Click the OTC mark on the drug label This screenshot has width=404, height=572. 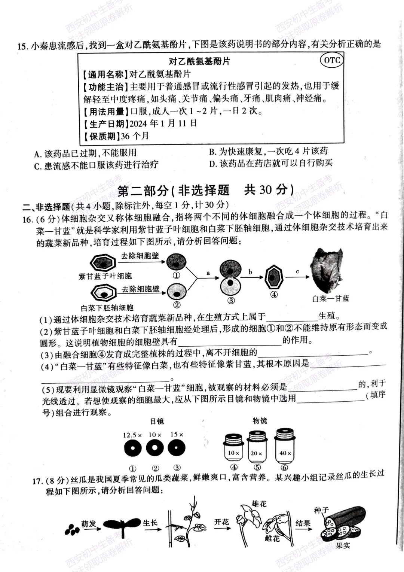click(331, 60)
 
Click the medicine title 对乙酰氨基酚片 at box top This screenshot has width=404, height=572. click(199, 61)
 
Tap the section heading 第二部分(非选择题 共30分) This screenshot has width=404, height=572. click(205, 190)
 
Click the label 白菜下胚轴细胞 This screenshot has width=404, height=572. click(107, 308)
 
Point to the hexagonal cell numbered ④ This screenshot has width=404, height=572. click(274, 278)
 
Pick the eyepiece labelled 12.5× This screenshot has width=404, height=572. click(132, 448)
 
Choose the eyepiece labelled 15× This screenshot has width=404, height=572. click(177, 448)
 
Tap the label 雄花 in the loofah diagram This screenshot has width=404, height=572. click(259, 504)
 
